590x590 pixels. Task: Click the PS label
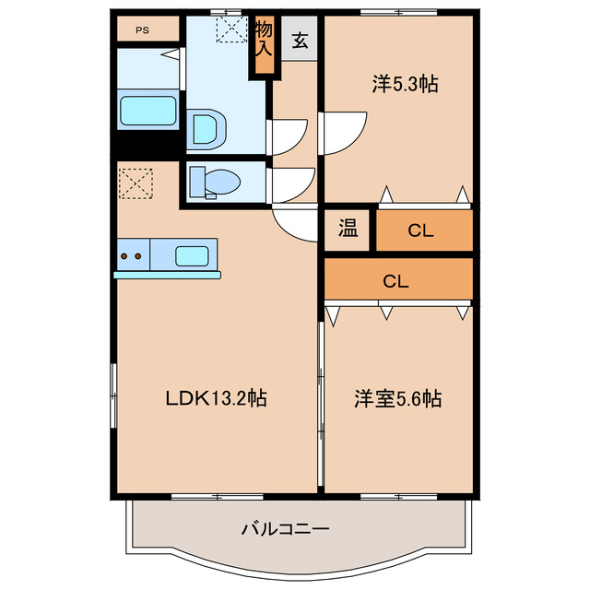point(142,29)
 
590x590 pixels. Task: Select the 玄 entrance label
point(301,41)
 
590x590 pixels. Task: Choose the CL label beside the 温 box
point(421,231)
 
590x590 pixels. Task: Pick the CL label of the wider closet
point(396,280)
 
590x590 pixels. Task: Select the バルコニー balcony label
point(285,529)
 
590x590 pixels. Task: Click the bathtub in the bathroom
point(147,112)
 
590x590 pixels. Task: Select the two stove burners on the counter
point(130,255)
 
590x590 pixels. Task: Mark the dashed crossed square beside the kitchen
point(136,183)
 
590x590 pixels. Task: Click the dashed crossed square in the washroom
point(230,29)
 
